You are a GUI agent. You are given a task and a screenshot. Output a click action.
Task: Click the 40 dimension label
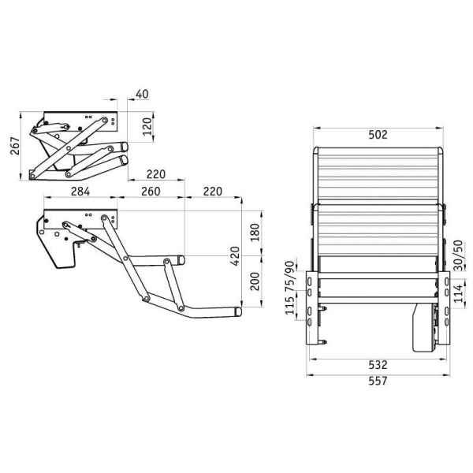pos(143,95)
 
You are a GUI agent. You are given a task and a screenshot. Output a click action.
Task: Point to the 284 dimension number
pos(80,192)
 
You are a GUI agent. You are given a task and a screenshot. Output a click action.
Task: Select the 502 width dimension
pos(378,135)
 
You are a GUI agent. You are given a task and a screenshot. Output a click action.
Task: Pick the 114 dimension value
pos(457,292)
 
